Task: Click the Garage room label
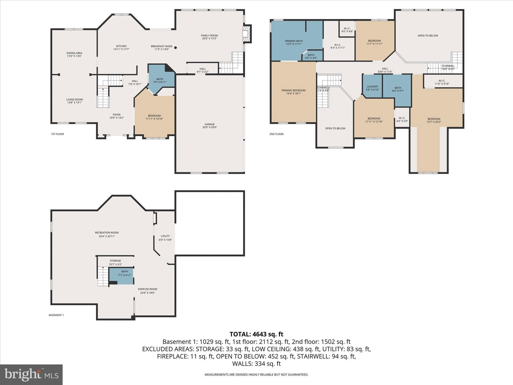click(x=209, y=124)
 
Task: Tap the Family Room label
click(x=209, y=36)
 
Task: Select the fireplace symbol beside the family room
click(x=247, y=34)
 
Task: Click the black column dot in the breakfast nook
click(x=176, y=48)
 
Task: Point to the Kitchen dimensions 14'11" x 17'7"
click(x=121, y=49)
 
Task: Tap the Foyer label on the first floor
click(x=116, y=115)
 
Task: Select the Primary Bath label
click(x=294, y=41)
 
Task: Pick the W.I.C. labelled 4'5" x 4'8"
click(x=347, y=30)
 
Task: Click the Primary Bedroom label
click(x=293, y=90)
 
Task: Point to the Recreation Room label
click(x=107, y=233)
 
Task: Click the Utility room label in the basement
click(x=165, y=236)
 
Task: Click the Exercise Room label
click(x=148, y=289)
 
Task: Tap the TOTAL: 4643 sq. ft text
click(x=256, y=334)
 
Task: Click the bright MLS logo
click(x=31, y=374)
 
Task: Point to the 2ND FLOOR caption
click(x=276, y=134)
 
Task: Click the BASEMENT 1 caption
click(x=56, y=315)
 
